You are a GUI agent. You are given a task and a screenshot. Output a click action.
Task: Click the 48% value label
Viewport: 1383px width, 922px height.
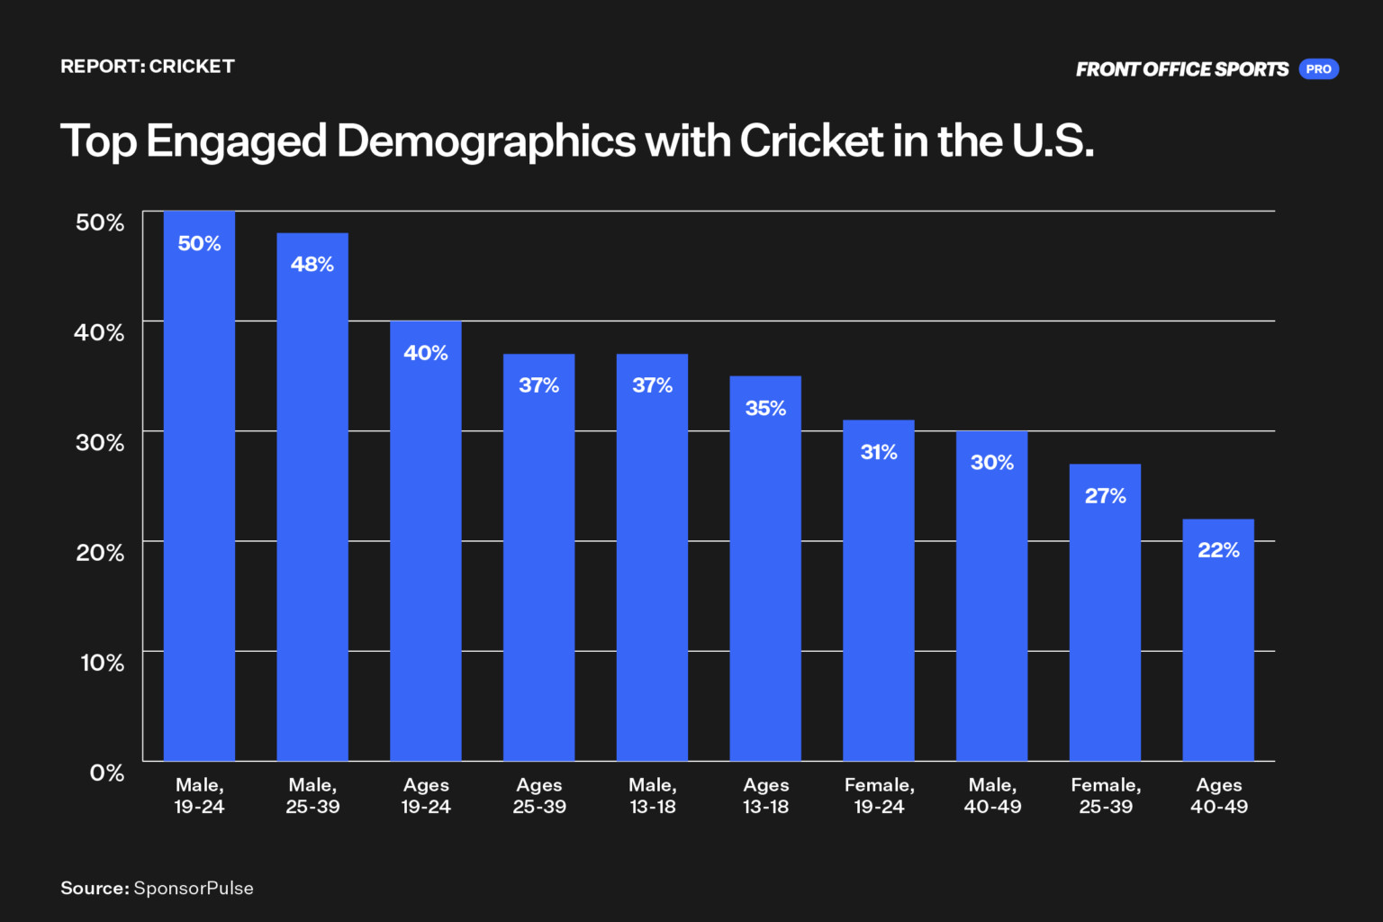(312, 265)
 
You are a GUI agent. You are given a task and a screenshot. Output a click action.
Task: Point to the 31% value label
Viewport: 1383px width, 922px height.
(879, 452)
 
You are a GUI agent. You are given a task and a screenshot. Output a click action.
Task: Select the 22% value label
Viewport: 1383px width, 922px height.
(1218, 550)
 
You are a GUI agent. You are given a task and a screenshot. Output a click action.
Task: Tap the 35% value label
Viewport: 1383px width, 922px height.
(765, 408)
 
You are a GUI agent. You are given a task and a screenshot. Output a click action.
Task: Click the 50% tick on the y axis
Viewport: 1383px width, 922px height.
(100, 222)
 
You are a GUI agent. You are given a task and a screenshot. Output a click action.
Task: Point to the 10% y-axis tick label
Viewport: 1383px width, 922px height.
(102, 663)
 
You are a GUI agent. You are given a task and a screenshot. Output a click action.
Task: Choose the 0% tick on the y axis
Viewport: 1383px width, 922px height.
(107, 773)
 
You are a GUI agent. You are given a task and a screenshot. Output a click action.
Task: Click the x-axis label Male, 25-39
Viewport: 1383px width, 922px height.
(312, 796)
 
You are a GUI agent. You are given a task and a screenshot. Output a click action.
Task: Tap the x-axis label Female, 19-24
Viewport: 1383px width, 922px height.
(879, 796)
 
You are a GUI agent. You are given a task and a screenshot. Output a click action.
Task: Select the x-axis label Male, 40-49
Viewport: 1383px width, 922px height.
(992, 796)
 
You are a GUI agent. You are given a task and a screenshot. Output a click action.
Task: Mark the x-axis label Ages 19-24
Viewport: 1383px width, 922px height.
(426, 796)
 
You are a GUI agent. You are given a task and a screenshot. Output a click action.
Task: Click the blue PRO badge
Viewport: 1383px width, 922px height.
(1318, 69)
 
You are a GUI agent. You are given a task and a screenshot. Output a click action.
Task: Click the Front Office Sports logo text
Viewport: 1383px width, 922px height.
(1181, 69)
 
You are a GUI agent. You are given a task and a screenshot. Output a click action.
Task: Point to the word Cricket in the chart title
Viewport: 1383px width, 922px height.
(811, 141)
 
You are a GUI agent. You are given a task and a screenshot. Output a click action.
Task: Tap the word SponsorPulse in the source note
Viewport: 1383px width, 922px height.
(194, 889)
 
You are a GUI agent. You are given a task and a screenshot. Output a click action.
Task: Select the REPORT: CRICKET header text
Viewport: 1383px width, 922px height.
(148, 67)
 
